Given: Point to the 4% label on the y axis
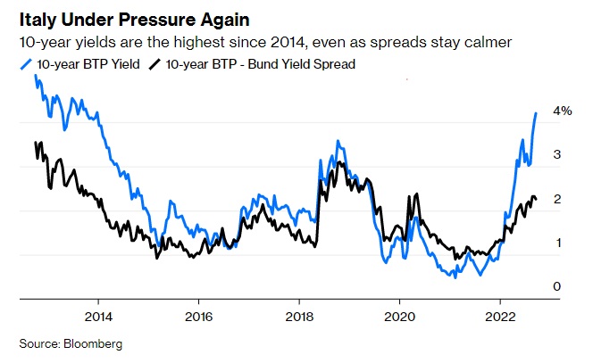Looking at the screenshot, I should [562, 111].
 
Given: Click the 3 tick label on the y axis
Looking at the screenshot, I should [556, 155].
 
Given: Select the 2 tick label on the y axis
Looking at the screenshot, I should [556, 199].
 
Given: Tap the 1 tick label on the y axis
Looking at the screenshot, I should [556, 243].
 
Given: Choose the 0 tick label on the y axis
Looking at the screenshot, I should [556, 286].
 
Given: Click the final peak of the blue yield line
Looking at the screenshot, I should [536, 113].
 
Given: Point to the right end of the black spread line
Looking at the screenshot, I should [536, 199].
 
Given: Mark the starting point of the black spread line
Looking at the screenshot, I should [35, 143].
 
